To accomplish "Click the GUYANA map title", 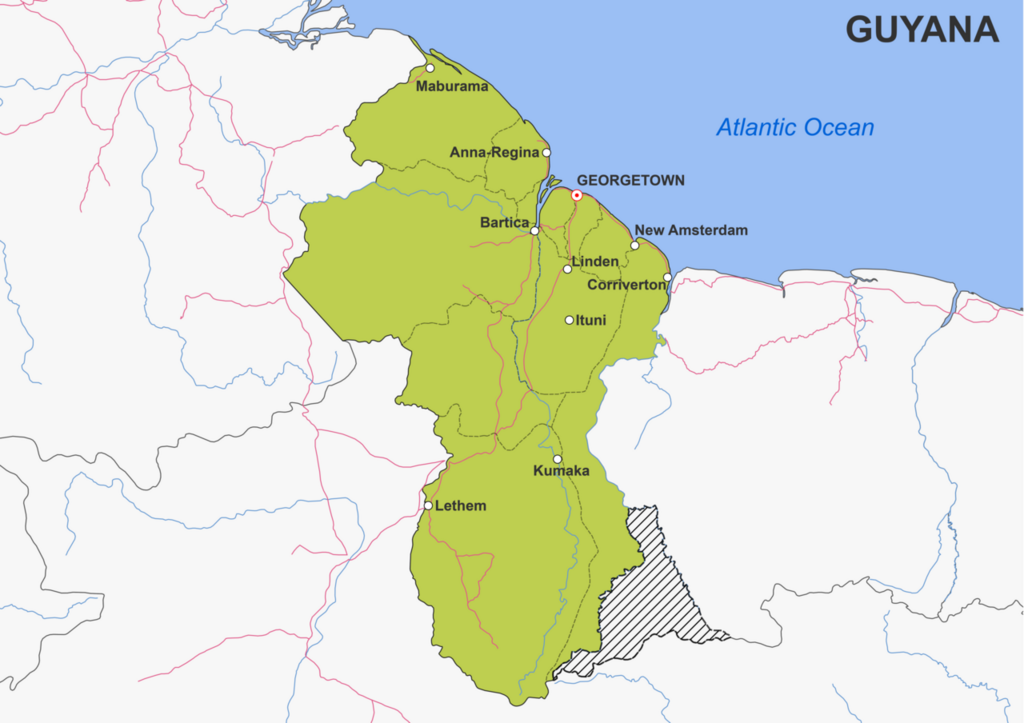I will coord(922,30).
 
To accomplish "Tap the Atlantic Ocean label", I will coord(795,128).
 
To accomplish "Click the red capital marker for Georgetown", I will coord(577,195).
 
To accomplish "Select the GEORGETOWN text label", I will coord(631,180).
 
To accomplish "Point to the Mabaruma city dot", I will coord(430,69).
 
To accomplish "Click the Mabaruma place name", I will coord(452,86).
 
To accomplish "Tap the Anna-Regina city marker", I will coord(546,153).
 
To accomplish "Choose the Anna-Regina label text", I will coord(494,153).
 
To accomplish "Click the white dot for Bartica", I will coord(535,231).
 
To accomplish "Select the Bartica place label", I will coord(504,222).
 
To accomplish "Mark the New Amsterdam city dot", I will coord(635,245).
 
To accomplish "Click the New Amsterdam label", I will coord(691,231).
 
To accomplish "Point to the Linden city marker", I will coord(568,269).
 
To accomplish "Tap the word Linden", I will coord(596,262).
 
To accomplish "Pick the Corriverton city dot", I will coord(667,277).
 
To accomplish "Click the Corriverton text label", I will coord(626,285).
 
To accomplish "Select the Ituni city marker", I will coord(569,321).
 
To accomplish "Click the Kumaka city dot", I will coord(557,460).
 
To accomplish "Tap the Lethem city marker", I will coord(428,506).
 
